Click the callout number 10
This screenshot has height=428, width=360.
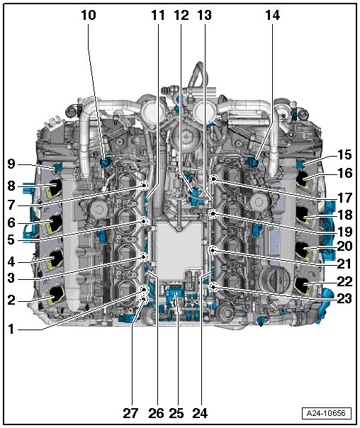89,15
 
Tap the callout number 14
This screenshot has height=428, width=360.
272,15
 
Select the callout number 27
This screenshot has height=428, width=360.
130,413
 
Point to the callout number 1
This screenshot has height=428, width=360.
11,330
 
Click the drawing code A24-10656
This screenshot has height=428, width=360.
327,413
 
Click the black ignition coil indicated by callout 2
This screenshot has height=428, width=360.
56,294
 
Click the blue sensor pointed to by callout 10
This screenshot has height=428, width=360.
105,163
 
